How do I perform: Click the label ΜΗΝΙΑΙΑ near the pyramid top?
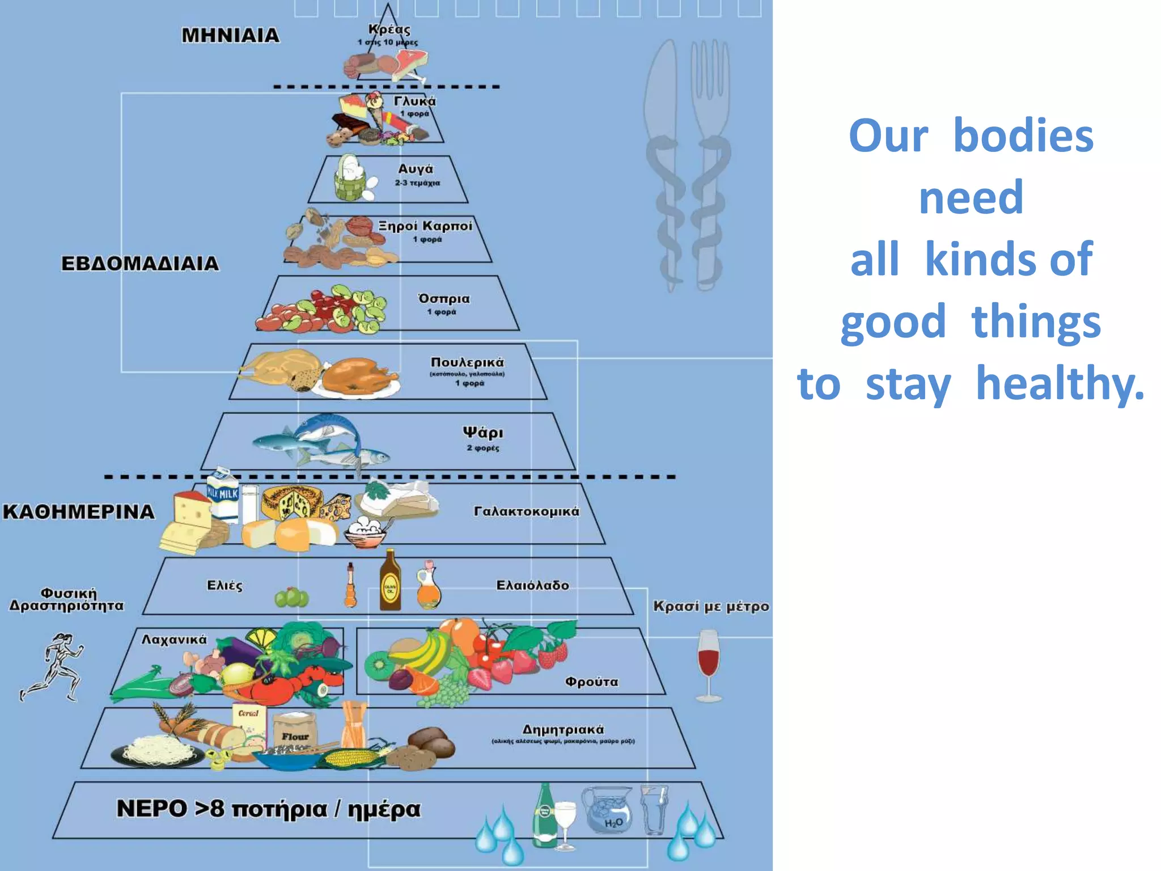[x=230, y=36]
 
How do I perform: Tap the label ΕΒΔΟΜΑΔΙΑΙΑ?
[x=140, y=264]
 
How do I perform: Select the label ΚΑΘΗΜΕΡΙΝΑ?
[x=79, y=512]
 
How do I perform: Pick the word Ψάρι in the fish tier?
[x=482, y=433]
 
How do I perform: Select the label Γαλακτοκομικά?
[x=527, y=511]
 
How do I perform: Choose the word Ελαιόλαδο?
[x=532, y=585]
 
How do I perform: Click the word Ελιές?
[x=224, y=585]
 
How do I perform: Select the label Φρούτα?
[x=591, y=682]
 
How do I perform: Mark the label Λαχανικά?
[x=174, y=640]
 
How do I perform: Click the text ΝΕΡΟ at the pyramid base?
[x=151, y=809]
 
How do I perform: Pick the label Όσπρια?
[x=444, y=299]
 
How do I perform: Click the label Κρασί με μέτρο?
[x=711, y=606]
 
